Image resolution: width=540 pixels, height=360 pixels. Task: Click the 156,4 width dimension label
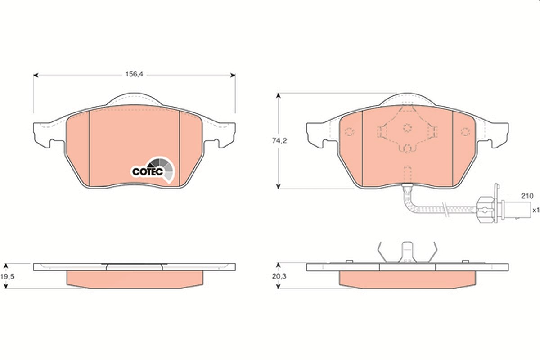pyautogui.click(x=134, y=74)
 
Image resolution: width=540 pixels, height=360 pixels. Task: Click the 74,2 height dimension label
pyautogui.click(x=279, y=140)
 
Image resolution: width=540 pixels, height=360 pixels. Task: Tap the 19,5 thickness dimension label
pyautogui.click(x=7, y=276)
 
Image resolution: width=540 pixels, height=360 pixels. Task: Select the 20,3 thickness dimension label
pyautogui.click(x=279, y=276)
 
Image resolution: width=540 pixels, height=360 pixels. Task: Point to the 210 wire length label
pyautogui.click(x=527, y=196)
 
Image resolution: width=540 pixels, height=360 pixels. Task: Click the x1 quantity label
pyautogui.click(x=535, y=210)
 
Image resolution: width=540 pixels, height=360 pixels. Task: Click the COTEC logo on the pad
pyautogui.click(x=153, y=170)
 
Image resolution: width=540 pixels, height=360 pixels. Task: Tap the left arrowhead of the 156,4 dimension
pyautogui.click(x=36, y=76)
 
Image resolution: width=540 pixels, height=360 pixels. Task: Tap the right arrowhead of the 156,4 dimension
pyautogui.click(x=233, y=76)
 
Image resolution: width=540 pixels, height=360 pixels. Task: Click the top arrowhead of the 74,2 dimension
pyautogui.click(x=279, y=96)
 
